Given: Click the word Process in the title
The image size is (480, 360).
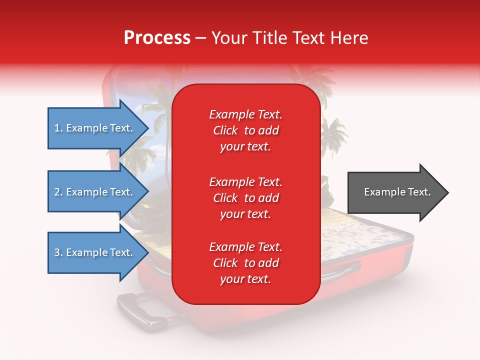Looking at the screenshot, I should pyautogui.click(x=157, y=38).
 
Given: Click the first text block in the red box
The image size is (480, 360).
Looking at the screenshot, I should pyautogui.click(x=245, y=130).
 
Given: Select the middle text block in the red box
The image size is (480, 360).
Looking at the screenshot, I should pyautogui.click(x=245, y=198).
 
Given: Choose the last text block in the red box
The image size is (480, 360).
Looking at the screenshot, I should pyautogui.click(x=245, y=263).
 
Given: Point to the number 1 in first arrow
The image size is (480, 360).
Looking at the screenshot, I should pyautogui.click(x=57, y=128).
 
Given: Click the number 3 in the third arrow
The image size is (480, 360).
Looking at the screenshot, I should pyautogui.click(x=57, y=252).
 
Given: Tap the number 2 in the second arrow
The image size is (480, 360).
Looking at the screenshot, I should pyautogui.click(x=57, y=192).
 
